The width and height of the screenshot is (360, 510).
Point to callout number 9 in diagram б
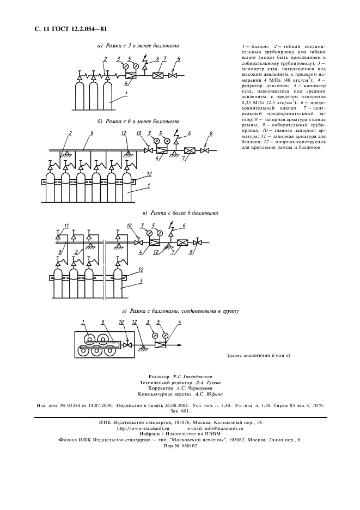pyautogui.click(x=91, y=133)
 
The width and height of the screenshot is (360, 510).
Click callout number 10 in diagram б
pyautogui.click(x=138, y=133)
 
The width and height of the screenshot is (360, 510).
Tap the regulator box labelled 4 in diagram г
pyautogui.click(x=162, y=345)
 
